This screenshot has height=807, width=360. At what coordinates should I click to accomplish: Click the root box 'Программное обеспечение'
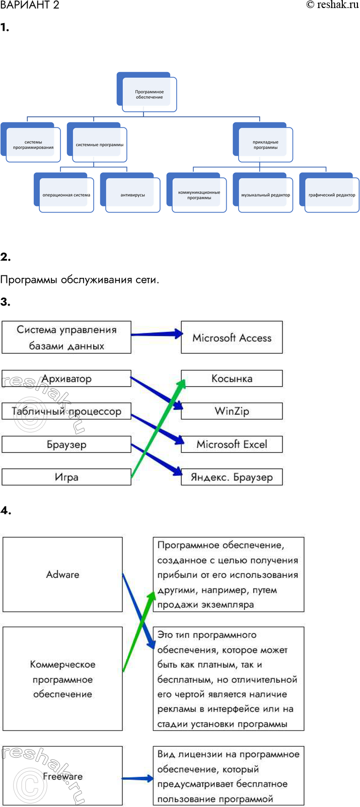[x=150, y=94]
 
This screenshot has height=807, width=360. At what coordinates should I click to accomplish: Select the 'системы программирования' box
[x=33, y=144]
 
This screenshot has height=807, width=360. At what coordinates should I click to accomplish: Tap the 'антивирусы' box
[x=133, y=195]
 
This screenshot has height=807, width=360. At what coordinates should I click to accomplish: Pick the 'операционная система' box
[x=66, y=195]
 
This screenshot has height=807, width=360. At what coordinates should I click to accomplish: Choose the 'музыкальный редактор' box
[x=265, y=195]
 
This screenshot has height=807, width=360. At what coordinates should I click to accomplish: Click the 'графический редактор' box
[x=332, y=195]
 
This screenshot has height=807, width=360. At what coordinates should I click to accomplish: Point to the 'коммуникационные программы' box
[x=199, y=195]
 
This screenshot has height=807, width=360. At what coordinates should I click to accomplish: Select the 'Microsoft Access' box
[x=232, y=338]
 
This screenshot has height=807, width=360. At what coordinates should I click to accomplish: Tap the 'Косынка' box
[x=232, y=379]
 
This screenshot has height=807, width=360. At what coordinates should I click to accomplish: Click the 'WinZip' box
[x=232, y=411]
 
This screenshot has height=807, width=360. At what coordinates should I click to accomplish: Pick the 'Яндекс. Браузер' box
[x=232, y=477]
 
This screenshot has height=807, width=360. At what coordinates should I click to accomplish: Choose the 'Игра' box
[x=66, y=477]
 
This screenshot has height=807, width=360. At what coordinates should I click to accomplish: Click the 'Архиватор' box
[x=66, y=379]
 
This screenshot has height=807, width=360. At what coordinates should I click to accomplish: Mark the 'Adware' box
[x=62, y=574]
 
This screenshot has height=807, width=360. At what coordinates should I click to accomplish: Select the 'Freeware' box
[x=62, y=776]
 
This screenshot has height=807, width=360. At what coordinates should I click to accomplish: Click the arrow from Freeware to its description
[x=137, y=779]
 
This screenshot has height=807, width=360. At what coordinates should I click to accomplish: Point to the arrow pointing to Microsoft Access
[x=156, y=334]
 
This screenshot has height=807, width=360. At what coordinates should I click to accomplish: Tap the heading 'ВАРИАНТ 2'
[x=30, y=5]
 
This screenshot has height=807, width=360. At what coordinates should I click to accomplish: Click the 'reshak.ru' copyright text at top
[x=332, y=5]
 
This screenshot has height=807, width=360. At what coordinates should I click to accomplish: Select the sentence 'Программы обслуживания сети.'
[x=80, y=280]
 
